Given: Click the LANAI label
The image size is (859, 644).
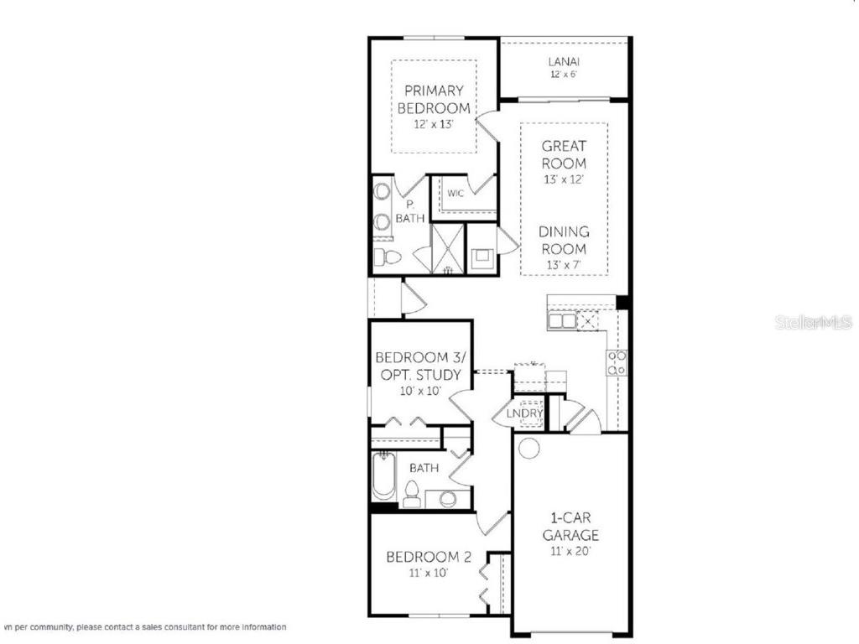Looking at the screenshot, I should (x=565, y=61).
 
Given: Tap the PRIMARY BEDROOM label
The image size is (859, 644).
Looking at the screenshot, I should (x=434, y=99).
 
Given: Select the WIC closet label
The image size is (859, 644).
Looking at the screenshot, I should (x=456, y=193).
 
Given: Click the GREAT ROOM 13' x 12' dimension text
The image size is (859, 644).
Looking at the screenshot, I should (x=564, y=179).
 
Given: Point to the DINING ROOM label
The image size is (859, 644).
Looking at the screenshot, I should (x=564, y=240).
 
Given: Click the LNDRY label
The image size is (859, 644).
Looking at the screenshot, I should (x=526, y=413).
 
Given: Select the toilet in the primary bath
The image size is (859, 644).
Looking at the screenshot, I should (x=386, y=257).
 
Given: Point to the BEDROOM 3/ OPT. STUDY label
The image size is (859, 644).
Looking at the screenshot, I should (x=420, y=366).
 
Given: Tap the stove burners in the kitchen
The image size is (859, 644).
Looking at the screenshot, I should (x=617, y=362).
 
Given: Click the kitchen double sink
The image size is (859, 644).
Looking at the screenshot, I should (x=562, y=320).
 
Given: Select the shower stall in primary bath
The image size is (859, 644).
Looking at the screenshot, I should (x=447, y=248).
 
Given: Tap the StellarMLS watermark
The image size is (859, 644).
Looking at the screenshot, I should (x=813, y=322).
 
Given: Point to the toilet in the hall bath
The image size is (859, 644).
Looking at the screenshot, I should (x=412, y=495).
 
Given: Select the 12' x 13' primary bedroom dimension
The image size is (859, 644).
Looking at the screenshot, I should (x=434, y=124).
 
